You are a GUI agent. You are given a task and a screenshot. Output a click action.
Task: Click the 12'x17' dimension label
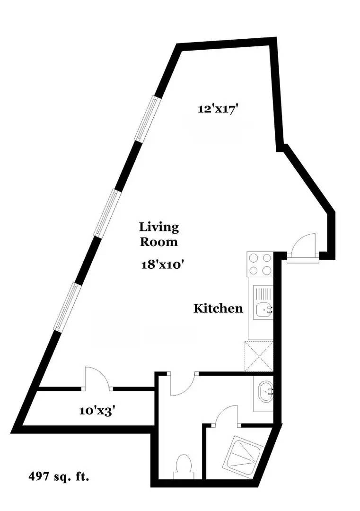tap(217, 109)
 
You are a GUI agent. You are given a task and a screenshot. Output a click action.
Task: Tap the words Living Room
tap(158, 234)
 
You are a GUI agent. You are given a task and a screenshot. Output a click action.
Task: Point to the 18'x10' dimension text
tap(162, 264)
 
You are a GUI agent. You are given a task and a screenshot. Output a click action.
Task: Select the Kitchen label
tap(218, 308)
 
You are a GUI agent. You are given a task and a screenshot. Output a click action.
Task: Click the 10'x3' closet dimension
tap(98, 410)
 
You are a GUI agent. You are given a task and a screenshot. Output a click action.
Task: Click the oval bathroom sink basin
tap(264, 392)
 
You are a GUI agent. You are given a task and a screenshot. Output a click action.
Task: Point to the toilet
tap(183, 466)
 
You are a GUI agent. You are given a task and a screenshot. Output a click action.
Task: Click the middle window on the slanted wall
tap(106, 212)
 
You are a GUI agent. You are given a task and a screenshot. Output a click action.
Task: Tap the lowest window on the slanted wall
tap(66, 307)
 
